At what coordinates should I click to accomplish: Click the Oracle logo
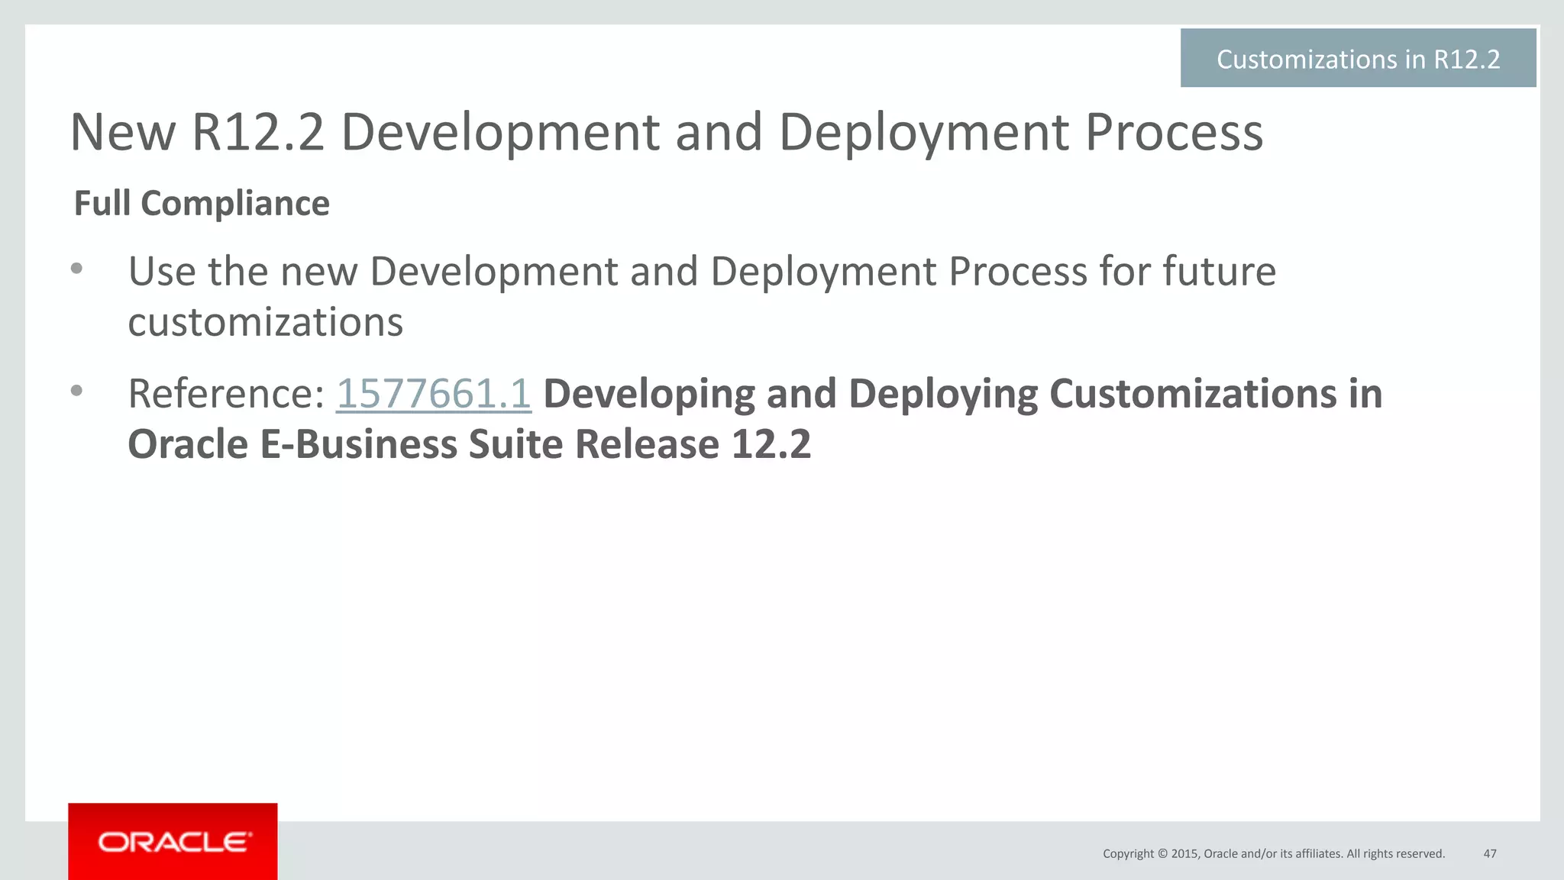[173, 842]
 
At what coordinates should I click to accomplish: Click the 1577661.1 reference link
[433, 394]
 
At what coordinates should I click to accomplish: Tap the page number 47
[1489, 853]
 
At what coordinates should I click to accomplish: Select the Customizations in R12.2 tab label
[1358, 59]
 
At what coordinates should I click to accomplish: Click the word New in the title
[123, 133]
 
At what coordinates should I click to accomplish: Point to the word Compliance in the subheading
[235, 204]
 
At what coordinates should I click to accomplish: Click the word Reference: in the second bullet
[226, 394]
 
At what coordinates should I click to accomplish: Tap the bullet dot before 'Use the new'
[76, 269]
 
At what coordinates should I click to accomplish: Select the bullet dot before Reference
[76, 391]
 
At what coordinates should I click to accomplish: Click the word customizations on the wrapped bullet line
[265, 322]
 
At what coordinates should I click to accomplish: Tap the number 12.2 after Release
[771, 444]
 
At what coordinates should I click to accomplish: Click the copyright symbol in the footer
[1162, 853]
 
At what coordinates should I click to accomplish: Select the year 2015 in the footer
[1184, 853]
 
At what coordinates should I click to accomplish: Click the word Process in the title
[1174, 133]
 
